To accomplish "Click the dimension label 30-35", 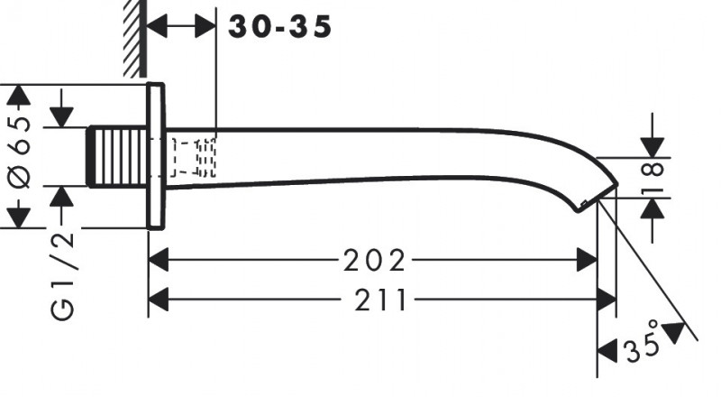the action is point(279,26).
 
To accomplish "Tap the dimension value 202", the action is point(375,260).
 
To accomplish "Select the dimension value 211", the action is point(381,300).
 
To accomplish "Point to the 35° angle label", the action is point(643,343).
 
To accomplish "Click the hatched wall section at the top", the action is point(134,38).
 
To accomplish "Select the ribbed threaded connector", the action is point(117,157).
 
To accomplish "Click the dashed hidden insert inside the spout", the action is point(193,157).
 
